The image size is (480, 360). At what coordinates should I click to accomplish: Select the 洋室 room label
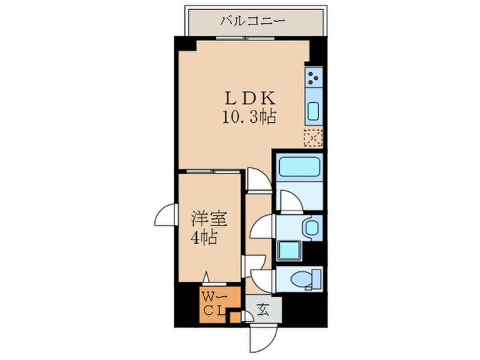pyautogui.click(x=205, y=219)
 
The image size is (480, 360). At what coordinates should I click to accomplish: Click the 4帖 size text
pyautogui.click(x=204, y=237)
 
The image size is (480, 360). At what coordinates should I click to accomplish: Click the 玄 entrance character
pyautogui.click(x=262, y=310)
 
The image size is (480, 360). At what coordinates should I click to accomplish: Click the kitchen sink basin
pyautogui.click(x=314, y=111)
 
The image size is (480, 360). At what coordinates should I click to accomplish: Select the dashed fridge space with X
pyautogui.click(x=313, y=138)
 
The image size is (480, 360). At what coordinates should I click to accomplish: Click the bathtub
pyautogui.click(x=300, y=166)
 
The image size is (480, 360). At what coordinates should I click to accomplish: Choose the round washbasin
pyautogui.click(x=311, y=228)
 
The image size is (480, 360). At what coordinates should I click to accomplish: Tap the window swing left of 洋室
pyautogui.click(x=165, y=215)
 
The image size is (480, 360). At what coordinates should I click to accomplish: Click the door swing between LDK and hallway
pyautogui.click(x=258, y=181)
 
